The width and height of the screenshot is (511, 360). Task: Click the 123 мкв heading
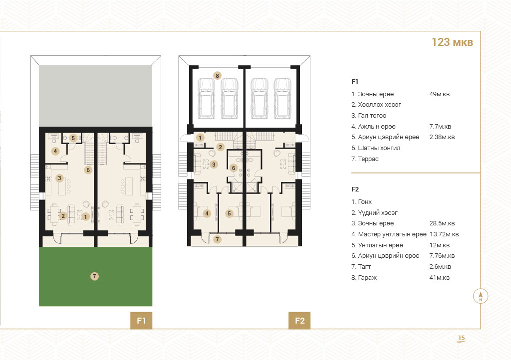[452, 42]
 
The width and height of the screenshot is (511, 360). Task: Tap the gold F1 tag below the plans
[141, 321]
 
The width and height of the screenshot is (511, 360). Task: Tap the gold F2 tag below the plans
[299, 321]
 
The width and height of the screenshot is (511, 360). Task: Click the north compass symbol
[481, 296]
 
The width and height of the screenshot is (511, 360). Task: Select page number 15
[462, 338]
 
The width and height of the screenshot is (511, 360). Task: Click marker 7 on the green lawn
[94, 276]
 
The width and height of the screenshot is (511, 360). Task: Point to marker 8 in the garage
[218, 76]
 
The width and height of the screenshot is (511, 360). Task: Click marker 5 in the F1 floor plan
[73, 138]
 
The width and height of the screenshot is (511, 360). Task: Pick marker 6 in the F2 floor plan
[234, 168]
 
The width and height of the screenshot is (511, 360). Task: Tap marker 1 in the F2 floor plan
[200, 138]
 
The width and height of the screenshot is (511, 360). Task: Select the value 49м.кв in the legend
[439, 94]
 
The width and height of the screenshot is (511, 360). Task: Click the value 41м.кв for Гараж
[439, 278]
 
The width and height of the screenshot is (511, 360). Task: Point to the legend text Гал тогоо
[369, 116]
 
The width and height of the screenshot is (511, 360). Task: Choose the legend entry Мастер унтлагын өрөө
[389, 234]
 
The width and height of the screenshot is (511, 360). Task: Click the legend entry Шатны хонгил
[376, 148]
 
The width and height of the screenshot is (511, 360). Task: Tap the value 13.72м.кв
[444, 234]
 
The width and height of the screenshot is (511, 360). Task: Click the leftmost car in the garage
[206, 98]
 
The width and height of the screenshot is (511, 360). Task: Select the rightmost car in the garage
[282, 98]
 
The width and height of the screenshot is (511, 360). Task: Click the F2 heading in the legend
[355, 189]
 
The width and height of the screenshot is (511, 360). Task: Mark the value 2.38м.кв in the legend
[442, 137]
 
